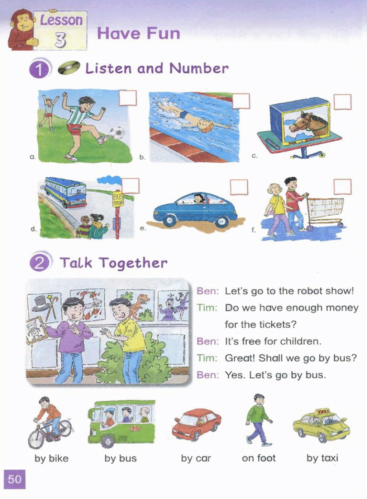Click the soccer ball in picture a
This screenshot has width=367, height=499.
tap(117, 133)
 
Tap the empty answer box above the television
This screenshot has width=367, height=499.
tap(343, 102)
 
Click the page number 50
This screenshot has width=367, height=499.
tap(15, 479)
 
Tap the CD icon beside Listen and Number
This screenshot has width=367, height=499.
tap(69, 67)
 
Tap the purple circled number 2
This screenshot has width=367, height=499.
tap(39, 263)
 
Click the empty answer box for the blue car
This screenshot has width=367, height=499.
tap(239, 187)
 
